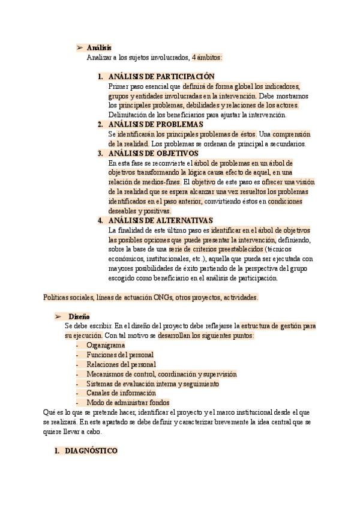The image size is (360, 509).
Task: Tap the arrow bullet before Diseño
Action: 58,316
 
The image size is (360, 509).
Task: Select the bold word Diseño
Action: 79,316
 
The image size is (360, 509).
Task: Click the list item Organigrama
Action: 106,346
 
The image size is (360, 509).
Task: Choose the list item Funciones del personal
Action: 120,355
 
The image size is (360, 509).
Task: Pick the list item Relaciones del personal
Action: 121,364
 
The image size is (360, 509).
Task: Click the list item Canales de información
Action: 122,393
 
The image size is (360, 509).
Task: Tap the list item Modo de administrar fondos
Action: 128,402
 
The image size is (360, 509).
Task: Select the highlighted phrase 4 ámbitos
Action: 207,57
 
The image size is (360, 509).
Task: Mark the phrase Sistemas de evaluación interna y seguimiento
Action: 152,383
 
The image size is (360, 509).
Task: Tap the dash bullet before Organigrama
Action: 78,346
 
